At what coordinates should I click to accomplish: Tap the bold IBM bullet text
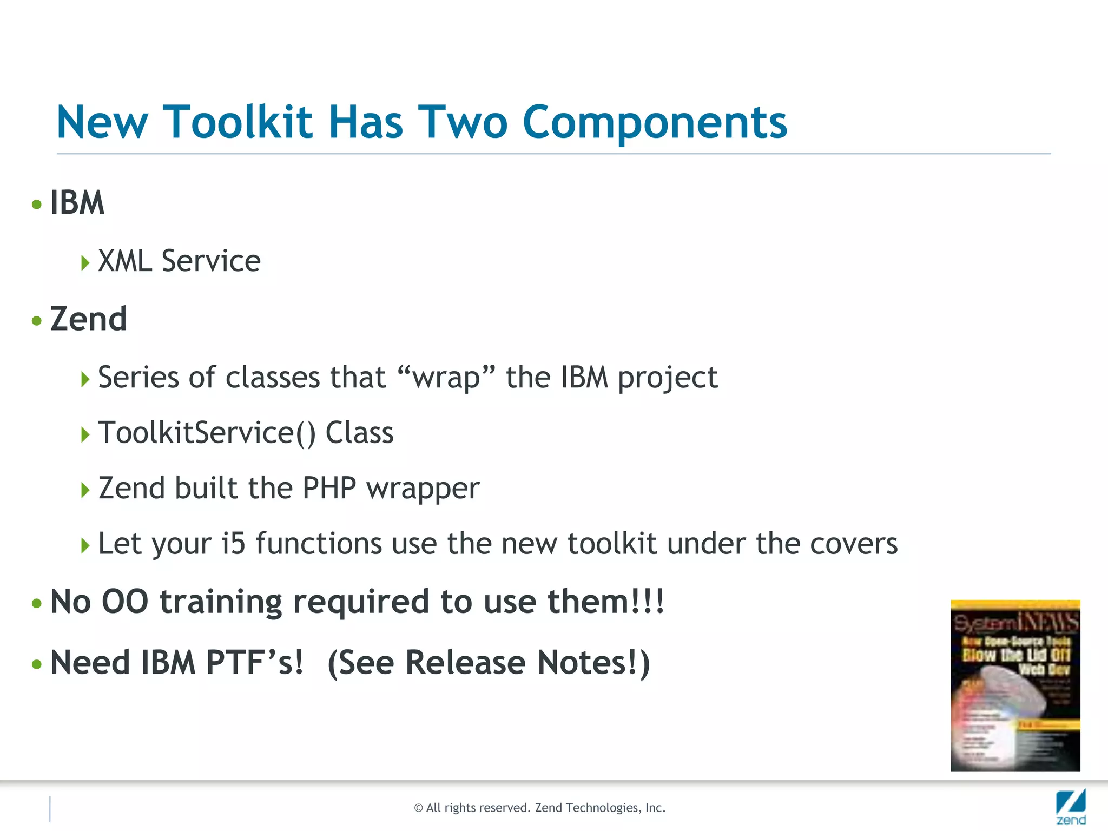click(x=77, y=203)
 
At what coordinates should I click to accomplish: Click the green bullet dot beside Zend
click(x=37, y=321)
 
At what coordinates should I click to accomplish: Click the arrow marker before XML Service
click(x=85, y=263)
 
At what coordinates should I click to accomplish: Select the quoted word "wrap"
click(x=446, y=377)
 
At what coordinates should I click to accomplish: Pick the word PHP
click(x=329, y=488)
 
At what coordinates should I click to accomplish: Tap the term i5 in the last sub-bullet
click(x=233, y=543)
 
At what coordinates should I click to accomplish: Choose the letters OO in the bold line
click(x=126, y=602)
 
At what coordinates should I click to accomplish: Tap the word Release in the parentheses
click(x=465, y=662)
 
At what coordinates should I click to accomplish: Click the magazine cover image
click(x=1015, y=685)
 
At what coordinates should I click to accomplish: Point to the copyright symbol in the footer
click(x=418, y=808)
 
